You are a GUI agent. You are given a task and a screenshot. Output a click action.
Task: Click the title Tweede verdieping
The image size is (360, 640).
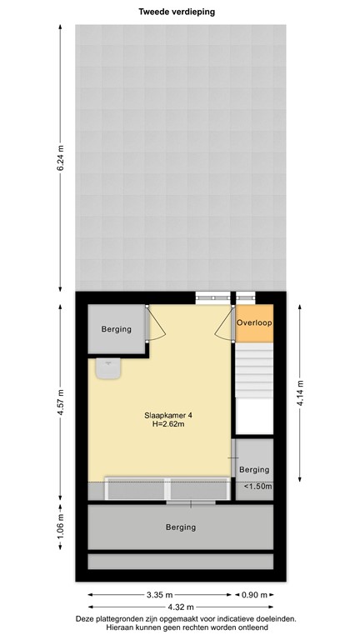click(180, 11)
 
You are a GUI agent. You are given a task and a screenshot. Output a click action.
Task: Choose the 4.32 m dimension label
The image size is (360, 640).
click(180, 607)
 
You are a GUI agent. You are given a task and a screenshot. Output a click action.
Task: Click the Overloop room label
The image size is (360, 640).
click(254, 322)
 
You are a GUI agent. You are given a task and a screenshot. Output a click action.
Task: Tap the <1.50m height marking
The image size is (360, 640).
click(258, 487)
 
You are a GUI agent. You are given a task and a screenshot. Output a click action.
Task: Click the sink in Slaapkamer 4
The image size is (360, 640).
click(107, 368)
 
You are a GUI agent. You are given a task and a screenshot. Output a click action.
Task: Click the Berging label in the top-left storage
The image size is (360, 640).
click(117, 329)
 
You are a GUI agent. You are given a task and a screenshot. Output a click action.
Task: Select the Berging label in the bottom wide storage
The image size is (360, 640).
click(180, 527)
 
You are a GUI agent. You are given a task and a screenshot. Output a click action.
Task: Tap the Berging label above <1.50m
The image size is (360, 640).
click(254, 470)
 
